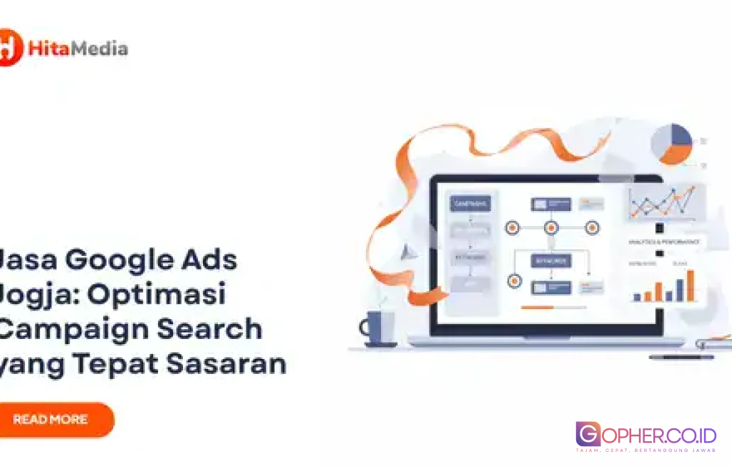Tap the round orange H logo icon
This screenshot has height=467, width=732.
[9, 48]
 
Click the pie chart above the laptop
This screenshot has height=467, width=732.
[672, 143]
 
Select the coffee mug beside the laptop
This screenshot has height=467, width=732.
[379, 328]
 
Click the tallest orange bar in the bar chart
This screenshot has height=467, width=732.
[691, 285]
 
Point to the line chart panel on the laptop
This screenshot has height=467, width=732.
[661, 203]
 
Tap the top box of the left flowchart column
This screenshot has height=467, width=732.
[470, 204]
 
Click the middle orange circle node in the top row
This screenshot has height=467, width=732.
[551, 228]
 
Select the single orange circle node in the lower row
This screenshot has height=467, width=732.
[514, 281]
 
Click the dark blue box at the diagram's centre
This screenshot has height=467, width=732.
[550, 261]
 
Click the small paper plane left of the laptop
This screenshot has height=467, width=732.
[407, 252]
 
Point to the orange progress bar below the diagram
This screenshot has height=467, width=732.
[538, 308]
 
